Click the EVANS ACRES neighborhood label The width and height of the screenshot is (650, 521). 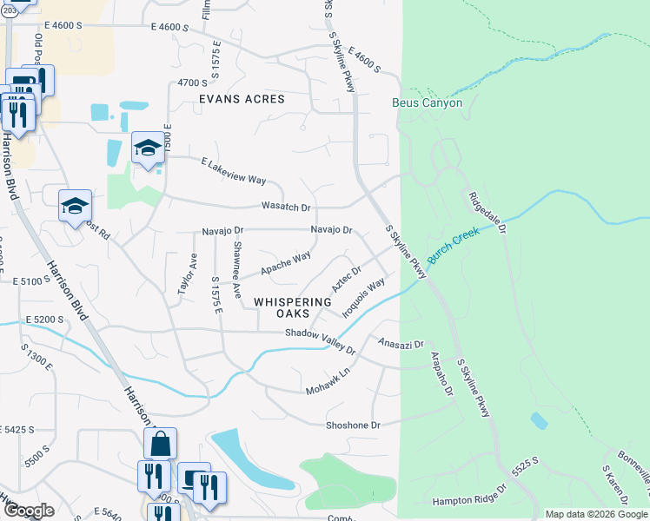(242, 99)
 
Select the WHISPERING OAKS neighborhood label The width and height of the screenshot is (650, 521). (293, 307)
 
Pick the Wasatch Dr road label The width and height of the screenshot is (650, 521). (286, 208)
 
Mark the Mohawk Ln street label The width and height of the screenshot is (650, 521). (327, 381)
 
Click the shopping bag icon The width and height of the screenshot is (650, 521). (160, 445)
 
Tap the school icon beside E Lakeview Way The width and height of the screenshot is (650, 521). (148, 148)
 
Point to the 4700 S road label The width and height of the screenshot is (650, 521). (191, 82)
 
